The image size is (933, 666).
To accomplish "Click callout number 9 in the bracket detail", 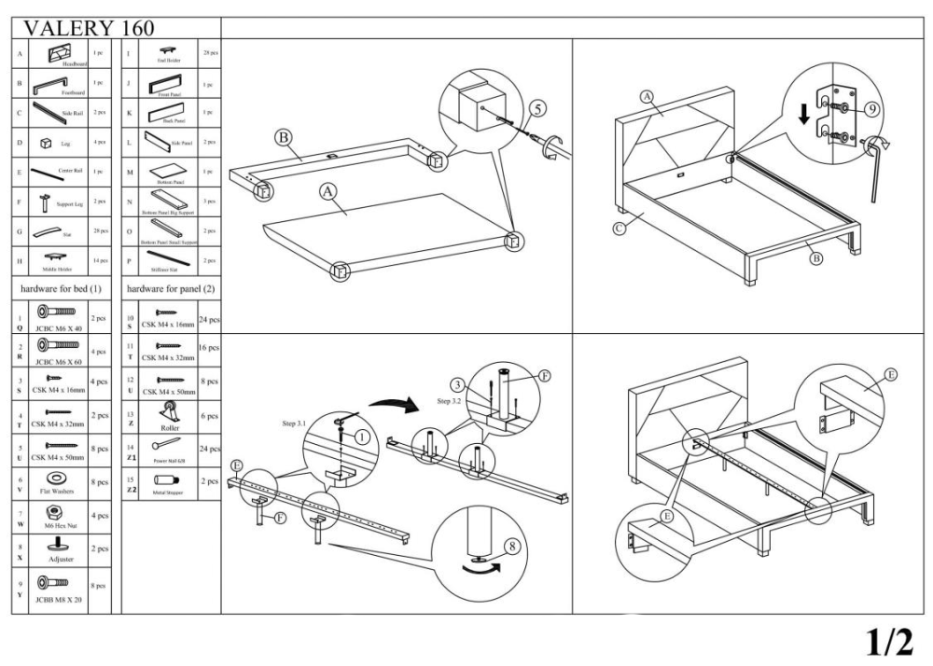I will [870, 109].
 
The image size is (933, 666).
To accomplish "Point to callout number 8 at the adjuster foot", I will [511, 548].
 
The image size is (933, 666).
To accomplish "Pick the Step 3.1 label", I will [300, 423].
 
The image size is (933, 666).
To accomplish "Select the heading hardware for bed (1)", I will [62, 289].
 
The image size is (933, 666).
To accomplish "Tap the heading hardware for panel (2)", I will [171, 289].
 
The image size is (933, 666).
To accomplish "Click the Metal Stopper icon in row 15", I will [160, 479].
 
